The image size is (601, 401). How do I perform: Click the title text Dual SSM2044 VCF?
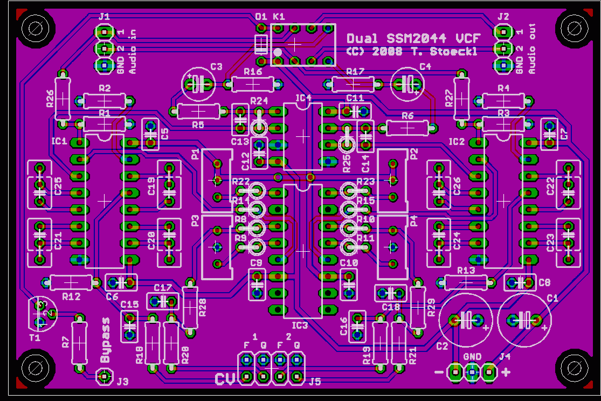(x=404, y=38)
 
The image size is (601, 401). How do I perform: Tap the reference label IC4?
(x=303, y=99)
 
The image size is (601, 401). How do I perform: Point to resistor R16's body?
(x=253, y=84)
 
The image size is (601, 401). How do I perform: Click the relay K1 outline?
(x=302, y=45)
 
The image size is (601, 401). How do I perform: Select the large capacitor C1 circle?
(x=524, y=320)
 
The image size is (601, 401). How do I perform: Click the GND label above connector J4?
(x=472, y=357)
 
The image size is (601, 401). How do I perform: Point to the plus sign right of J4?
(x=506, y=371)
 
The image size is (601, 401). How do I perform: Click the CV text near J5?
(x=225, y=379)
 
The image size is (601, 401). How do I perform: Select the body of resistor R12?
(x=71, y=281)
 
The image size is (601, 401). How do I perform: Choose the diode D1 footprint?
(x=261, y=44)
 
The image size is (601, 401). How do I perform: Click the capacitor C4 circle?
(x=407, y=84)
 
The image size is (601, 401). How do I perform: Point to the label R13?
(x=466, y=270)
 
